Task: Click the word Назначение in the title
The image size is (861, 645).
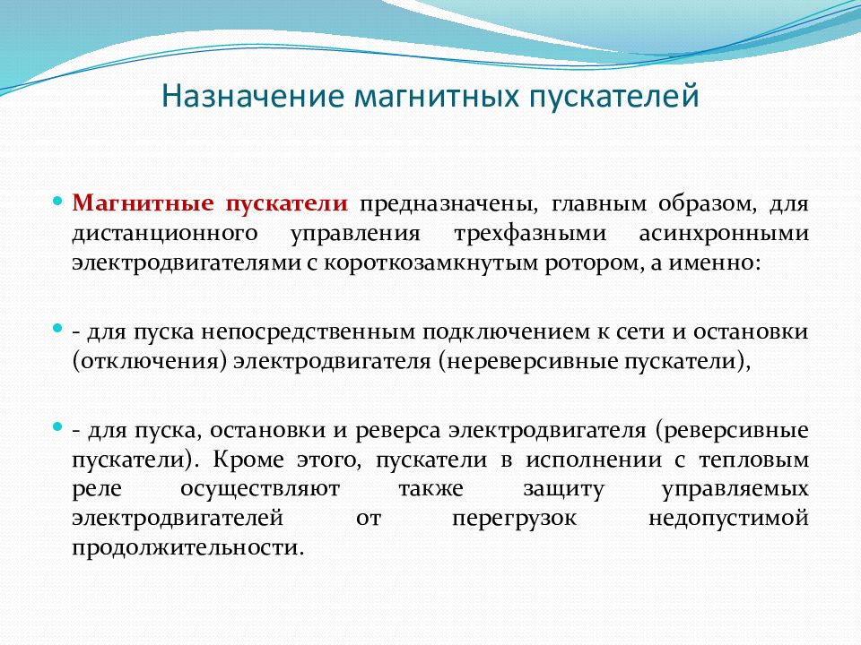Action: pyautogui.click(x=253, y=96)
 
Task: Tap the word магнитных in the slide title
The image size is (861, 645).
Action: pyautogui.click(x=437, y=97)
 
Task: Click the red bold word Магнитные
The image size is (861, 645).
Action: pyautogui.click(x=143, y=203)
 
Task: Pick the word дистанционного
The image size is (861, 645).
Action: pyautogui.click(x=165, y=234)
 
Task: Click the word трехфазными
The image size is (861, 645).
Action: pyautogui.click(x=530, y=234)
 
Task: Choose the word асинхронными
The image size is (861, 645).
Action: pyautogui.click(x=724, y=234)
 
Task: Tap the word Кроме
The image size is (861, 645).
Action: pyautogui.click(x=248, y=459)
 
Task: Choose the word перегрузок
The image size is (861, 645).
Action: pyautogui.click(x=515, y=520)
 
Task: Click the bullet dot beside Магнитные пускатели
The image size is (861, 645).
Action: pyautogui.click(x=57, y=202)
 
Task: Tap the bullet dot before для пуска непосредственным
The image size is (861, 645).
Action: pyautogui.click(x=57, y=329)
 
